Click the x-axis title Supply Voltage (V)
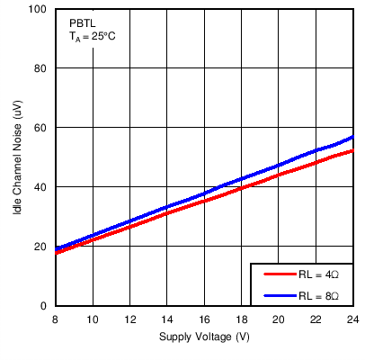click(203, 337)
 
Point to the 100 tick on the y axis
click(37, 9)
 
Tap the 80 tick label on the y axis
click(40, 68)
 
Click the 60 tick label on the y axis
click(40, 128)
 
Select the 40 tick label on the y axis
click(40, 187)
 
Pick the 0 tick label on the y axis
click(43, 306)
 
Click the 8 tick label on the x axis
click(56, 319)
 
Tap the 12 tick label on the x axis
click(129, 319)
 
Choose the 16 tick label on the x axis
click(204, 319)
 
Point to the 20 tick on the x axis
click(279, 319)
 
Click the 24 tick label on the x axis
click(352, 319)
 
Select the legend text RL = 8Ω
click(319, 295)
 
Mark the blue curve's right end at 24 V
click(352, 137)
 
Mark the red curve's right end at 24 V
click(352, 150)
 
